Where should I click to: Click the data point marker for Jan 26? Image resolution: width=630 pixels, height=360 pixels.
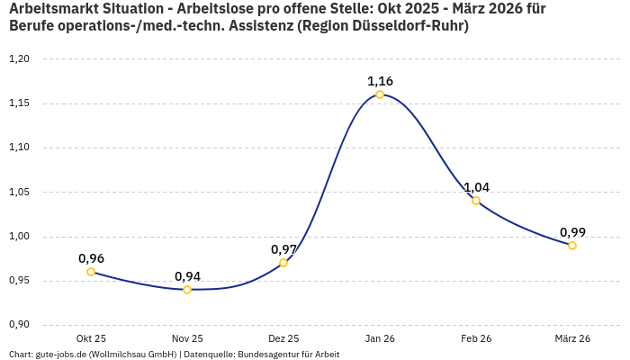click(380, 94)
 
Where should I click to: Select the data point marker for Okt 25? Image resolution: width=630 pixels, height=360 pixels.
click(91, 272)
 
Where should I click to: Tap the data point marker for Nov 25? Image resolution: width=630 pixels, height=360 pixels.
click(187, 290)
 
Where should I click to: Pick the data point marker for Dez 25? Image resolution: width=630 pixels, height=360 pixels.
click(283, 263)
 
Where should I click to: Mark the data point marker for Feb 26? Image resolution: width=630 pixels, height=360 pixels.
click(476, 201)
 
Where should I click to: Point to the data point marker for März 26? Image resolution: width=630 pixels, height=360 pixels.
click(572, 246)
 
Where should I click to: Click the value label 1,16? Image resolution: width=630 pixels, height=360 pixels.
click(380, 81)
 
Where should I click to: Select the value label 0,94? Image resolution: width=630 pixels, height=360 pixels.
click(187, 276)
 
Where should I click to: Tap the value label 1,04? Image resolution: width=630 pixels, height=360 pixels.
click(476, 187)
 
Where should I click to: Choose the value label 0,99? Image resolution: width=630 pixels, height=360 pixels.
click(572, 232)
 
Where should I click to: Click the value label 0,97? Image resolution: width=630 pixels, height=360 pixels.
click(283, 249)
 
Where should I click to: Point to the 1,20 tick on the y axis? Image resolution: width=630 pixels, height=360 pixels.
click(19, 59)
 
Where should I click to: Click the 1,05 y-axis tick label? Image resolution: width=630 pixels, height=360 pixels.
click(19, 192)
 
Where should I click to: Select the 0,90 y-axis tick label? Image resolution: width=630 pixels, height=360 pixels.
click(19, 325)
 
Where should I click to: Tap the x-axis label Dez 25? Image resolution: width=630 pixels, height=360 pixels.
click(283, 338)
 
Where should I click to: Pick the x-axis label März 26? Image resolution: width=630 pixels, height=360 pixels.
click(572, 338)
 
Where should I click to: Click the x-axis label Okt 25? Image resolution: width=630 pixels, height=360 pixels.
click(91, 338)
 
